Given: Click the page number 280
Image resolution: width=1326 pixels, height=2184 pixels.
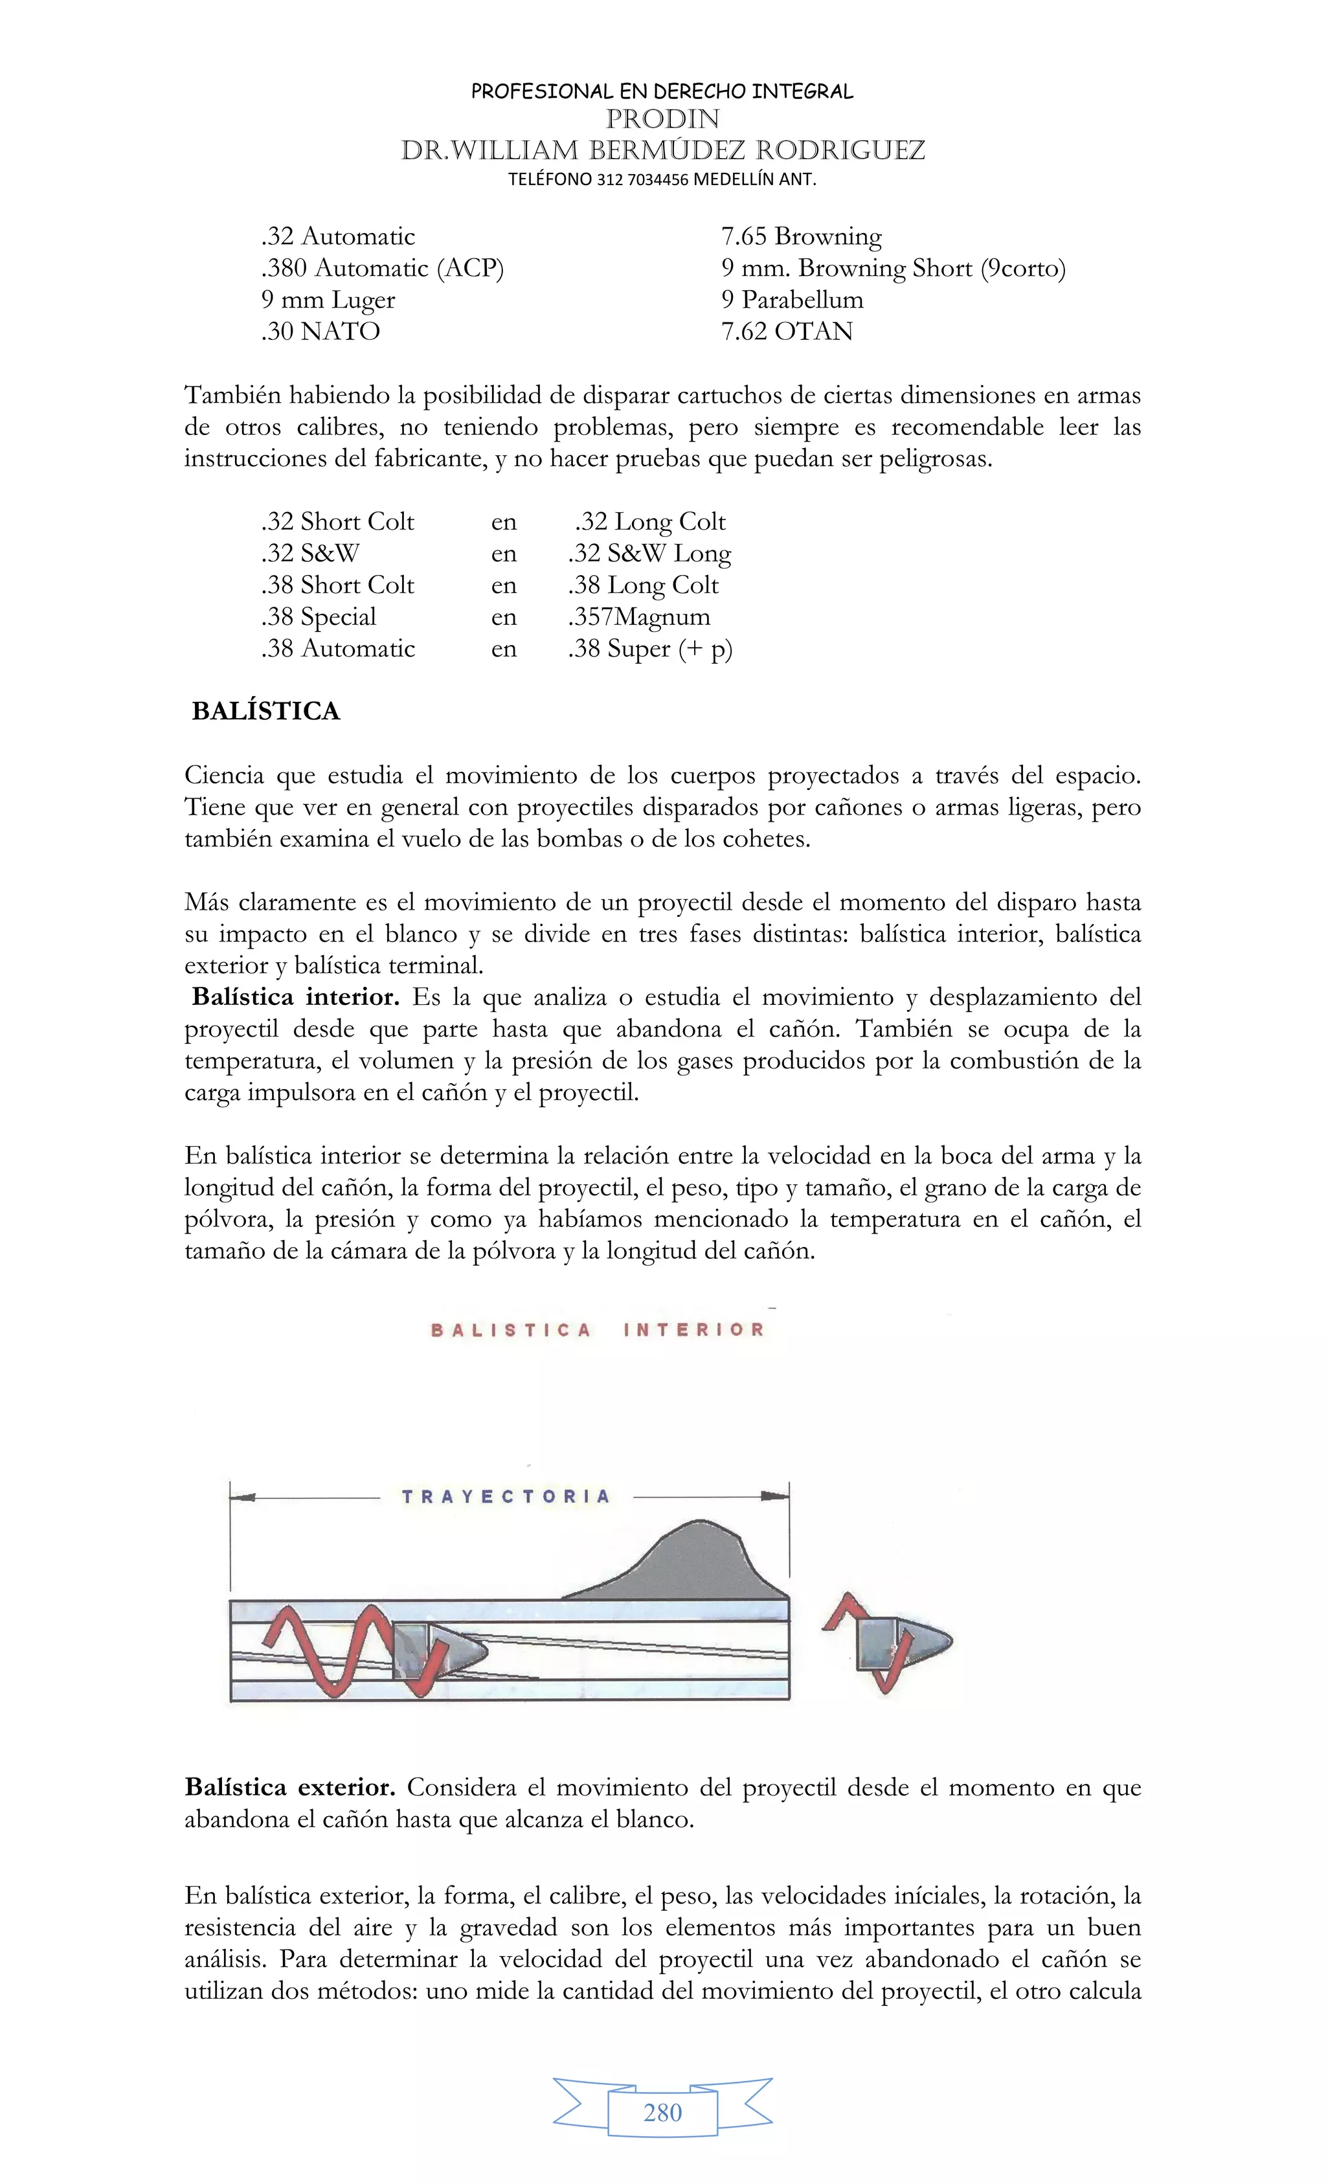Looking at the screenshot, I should coord(662,2113).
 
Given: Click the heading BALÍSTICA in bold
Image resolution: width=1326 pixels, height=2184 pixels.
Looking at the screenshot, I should coord(266,712).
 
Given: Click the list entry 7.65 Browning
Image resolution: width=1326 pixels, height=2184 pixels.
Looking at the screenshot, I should coord(802,236).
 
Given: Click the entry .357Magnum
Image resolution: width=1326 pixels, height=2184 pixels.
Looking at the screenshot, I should coord(639,617).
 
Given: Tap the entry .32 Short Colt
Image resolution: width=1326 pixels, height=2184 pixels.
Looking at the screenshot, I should coord(338,522).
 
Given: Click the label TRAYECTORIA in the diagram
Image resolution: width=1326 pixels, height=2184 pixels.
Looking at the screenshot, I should coord(506,1497).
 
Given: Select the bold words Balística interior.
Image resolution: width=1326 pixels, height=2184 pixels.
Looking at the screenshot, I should coord(295,998).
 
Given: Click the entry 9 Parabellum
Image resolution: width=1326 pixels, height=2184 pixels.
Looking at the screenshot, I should coord(792,300).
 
